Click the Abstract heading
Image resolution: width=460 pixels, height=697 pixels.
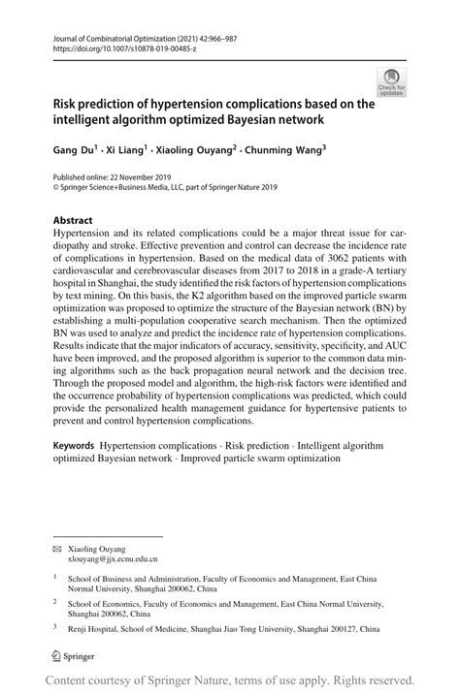point(73,220)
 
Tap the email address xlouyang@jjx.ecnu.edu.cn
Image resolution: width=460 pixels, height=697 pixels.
point(113,559)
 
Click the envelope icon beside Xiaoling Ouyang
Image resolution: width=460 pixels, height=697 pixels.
point(57,548)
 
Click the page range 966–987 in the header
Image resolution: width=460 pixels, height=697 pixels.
point(247,37)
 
